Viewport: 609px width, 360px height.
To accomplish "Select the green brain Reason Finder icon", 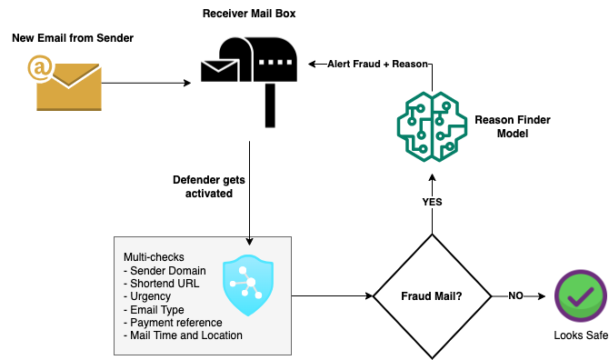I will (431, 127).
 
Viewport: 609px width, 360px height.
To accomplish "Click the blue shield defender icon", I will (247, 285).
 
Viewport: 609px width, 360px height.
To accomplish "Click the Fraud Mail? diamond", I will (432, 296).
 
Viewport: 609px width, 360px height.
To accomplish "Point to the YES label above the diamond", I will (432, 202).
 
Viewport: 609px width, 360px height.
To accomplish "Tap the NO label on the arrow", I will (515, 296).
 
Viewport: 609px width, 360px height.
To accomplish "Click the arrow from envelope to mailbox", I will (145, 82).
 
